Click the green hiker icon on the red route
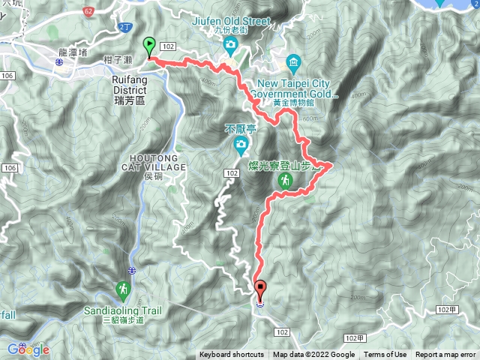[x=285, y=180]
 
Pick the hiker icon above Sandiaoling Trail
[x=123, y=289]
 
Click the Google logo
[x=28, y=349]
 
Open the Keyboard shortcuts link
[x=231, y=355]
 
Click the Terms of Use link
[x=385, y=355]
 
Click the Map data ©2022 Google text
[x=313, y=355]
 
